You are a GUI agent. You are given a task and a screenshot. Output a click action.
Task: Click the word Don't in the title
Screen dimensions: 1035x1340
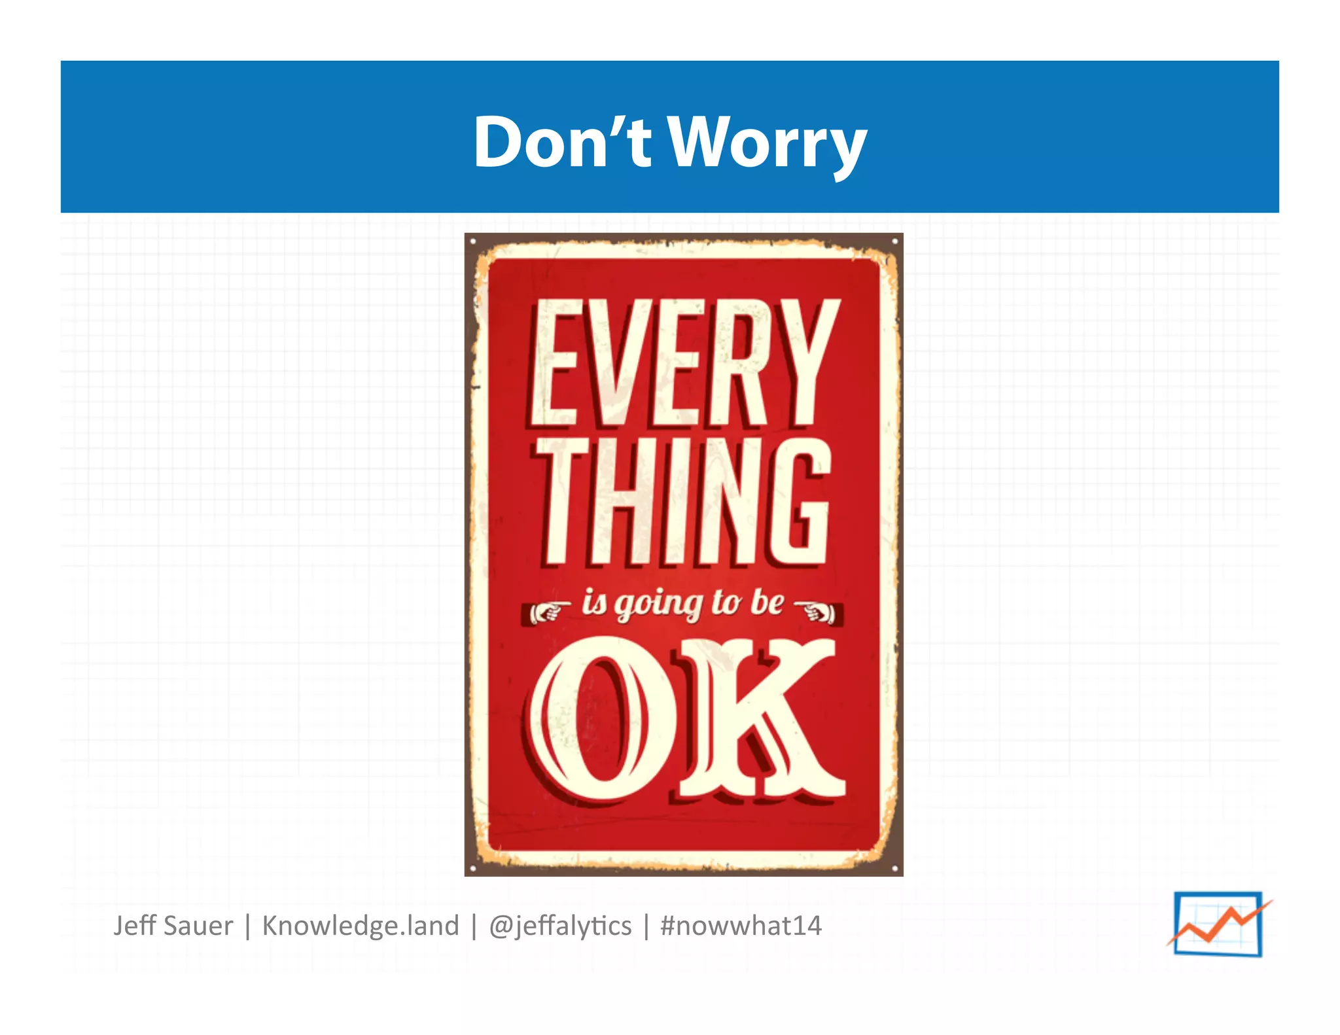point(561,142)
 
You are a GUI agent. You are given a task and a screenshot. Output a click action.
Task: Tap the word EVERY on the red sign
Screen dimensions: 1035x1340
point(684,363)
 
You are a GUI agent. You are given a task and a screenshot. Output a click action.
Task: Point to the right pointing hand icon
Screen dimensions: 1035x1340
point(818,612)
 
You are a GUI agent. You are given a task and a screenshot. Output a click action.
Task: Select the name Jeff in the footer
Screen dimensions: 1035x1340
point(135,926)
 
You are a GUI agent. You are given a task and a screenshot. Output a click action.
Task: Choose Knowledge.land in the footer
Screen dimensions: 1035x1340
point(361,926)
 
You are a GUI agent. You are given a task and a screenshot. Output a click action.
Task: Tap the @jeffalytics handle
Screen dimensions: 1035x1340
point(560,926)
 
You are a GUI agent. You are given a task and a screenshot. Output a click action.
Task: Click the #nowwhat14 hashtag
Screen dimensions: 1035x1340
point(741,926)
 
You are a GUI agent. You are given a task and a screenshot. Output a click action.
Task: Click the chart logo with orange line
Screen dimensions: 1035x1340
point(1218,924)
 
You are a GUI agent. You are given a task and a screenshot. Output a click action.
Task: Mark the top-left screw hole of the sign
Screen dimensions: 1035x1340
point(473,242)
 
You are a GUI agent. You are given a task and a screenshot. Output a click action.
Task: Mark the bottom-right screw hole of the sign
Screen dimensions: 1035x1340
point(894,868)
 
